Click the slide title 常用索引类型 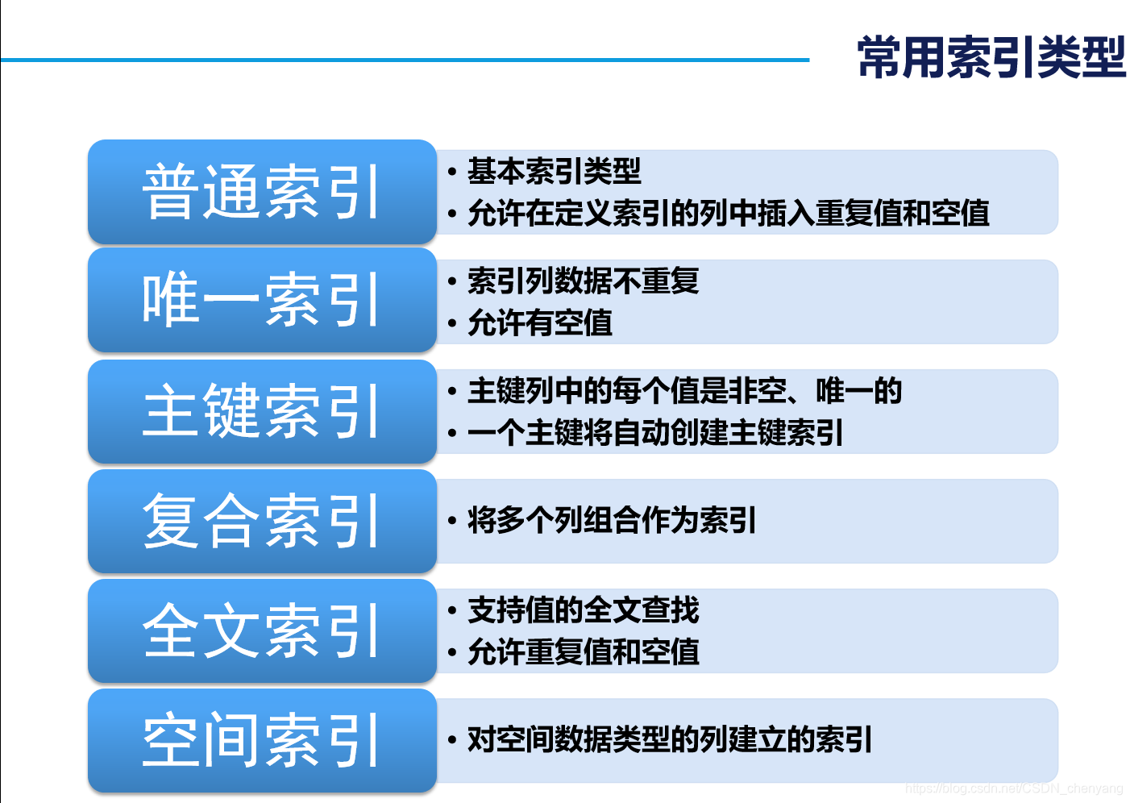point(991,58)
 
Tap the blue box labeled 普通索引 point(262,192)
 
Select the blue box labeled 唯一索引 point(262,300)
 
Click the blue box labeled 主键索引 point(262,411)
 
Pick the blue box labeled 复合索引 point(262,522)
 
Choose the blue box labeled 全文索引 point(262,631)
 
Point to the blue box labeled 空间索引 point(262,740)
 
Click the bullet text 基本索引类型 point(554,171)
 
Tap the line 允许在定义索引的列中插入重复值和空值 point(728,214)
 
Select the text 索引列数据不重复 point(583,281)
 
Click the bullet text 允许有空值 point(539,323)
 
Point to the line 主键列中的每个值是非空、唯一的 point(684,391)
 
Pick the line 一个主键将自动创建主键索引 point(655,433)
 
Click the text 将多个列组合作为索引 point(612,521)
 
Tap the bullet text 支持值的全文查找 point(583,610)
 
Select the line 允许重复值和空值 point(583,652)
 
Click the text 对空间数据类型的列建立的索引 point(670,739)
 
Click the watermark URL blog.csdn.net point(1013,788)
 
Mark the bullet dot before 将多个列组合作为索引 point(452,522)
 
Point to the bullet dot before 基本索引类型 point(452,172)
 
